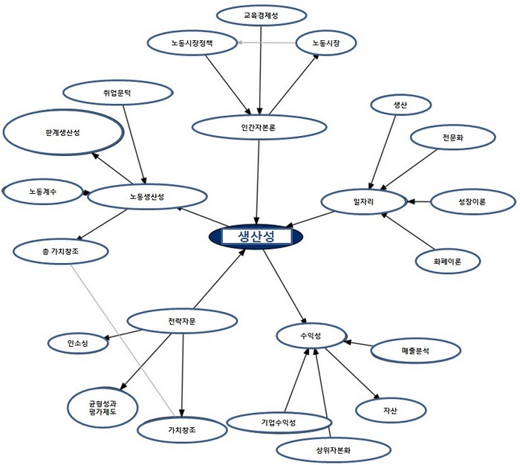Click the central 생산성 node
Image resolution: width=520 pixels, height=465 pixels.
(256, 236)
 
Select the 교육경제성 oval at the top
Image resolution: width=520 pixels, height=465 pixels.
(261, 16)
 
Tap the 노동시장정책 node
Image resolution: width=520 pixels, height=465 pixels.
(192, 43)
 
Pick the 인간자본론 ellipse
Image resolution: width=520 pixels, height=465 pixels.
(259, 127)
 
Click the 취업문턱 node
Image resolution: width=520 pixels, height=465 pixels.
(117, 93)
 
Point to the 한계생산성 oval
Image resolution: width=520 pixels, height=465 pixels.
(63, 132)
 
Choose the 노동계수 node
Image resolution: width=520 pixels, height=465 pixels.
(42, 192)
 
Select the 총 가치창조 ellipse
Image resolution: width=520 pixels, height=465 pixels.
(61, 252)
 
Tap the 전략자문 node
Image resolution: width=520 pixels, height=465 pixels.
(182, 321)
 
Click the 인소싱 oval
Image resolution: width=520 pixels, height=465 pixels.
(78, 343)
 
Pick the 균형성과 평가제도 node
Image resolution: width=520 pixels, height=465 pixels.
(103, 408)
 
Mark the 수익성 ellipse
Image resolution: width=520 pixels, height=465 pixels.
(311, 336)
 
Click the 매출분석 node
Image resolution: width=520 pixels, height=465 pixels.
(415, 351)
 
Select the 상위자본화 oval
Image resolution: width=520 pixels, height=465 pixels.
(334, 450)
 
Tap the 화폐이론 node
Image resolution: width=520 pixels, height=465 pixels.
(447, 261)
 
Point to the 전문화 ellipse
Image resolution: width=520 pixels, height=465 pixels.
(452, 137)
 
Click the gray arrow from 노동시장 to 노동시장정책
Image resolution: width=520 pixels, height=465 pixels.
(266, 43)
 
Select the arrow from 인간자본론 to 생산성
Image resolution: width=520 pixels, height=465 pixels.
(257, 183)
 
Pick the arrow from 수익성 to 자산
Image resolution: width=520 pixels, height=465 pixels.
(352, 374)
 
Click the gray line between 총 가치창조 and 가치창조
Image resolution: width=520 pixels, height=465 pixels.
(123, 339)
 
